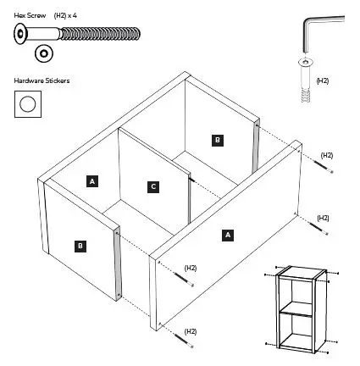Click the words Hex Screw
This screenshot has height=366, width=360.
[x=30, y=16]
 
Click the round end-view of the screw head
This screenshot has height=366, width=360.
[x=42, y=53]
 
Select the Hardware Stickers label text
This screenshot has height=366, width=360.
[x=42, y=81]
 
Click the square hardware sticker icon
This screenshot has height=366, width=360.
[x=28, y=104]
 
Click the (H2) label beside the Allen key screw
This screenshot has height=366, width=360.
[x=323, y=80]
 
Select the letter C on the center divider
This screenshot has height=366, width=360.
[x=152, y=186]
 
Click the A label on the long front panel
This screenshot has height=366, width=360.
[x=227, y=235]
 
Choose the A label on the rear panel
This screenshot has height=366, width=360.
[x=92, y=180]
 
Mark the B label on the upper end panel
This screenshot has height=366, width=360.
[x=218, y=140]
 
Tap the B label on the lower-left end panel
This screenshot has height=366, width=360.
[x=80, y=246]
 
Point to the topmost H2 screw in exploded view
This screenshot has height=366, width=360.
[x=327, y=169]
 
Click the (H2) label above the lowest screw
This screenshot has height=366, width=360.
[x=191, y=330]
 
